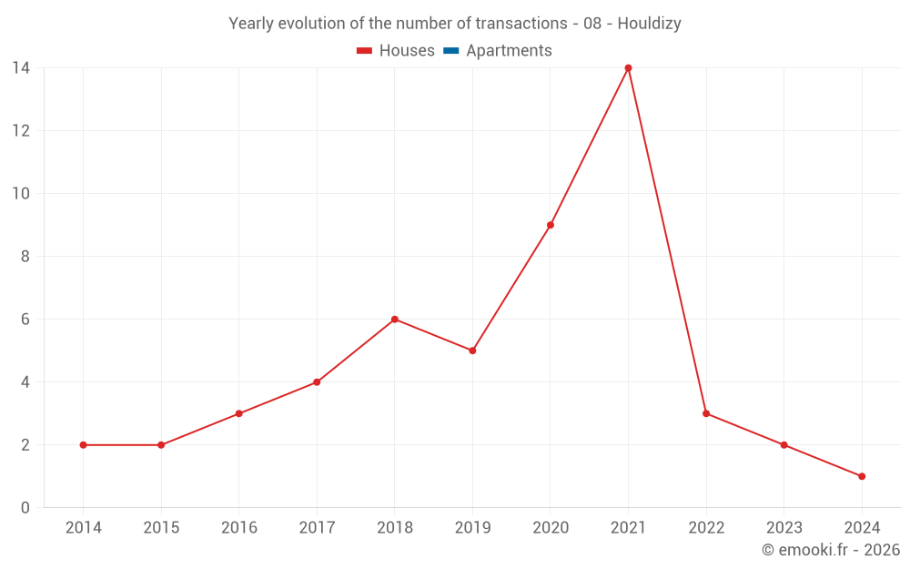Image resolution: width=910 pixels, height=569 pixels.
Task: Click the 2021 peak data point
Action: coord(628,68)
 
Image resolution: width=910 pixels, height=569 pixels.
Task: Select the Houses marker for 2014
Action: coord(83,445)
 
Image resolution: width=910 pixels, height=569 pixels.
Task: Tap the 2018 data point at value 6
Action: coord(395,320)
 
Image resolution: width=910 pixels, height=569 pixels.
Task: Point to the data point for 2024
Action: coord(862,476)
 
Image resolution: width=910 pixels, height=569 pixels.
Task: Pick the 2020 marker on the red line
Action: coord(551,225)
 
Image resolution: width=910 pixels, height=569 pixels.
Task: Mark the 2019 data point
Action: coord(472,351)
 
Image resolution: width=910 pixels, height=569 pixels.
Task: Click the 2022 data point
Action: coord(706,413)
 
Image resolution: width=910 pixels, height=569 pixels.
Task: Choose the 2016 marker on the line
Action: coord(238,413)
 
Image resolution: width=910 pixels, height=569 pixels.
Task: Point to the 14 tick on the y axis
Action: coord(21,67)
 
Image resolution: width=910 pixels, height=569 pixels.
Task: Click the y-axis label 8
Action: coord(25,257)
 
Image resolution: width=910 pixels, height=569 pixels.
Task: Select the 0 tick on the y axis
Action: coord(25,508)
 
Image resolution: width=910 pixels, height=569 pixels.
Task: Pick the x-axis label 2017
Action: coord(317,528)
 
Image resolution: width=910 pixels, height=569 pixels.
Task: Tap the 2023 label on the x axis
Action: coord(784,528)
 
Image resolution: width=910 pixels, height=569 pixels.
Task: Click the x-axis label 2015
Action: coord(161,528)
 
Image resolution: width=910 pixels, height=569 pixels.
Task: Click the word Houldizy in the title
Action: coord(649,24)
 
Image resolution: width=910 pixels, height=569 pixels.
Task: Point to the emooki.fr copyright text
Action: coord(831,550)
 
